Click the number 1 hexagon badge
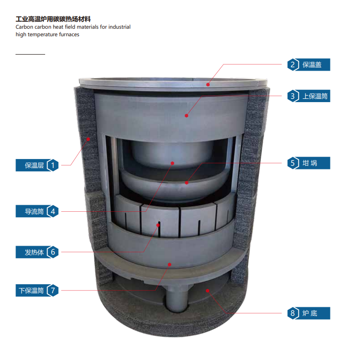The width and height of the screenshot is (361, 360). pos(53,165)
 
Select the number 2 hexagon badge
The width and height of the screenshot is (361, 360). pos(293,64)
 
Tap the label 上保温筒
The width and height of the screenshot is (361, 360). pos(315,96)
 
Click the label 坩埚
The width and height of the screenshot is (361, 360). pos(310,163)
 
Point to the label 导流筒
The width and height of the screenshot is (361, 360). pos(34,211)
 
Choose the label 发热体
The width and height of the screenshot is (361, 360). pos(34,252)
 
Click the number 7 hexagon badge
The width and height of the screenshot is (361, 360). pos(53,290)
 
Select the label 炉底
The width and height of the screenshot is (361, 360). pos(310,313)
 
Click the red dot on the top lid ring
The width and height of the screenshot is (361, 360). pos(208,85)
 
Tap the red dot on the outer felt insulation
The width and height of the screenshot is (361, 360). pos(88,139)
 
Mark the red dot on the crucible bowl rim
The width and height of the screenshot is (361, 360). pos(187,183)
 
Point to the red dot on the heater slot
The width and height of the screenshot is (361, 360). pos(158,225)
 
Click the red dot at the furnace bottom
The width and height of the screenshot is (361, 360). pos(207,291)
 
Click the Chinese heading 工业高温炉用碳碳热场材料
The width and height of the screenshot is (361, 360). pos(53,19)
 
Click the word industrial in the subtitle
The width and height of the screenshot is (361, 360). pos(119,27)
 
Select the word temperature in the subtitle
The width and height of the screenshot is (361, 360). pos(46,34)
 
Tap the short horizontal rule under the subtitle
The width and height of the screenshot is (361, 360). pos(30,54)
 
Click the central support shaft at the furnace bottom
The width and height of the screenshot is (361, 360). pos(177,298)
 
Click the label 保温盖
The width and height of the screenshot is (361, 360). pos(312,64)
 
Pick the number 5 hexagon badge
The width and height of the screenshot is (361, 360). pos(293,163)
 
